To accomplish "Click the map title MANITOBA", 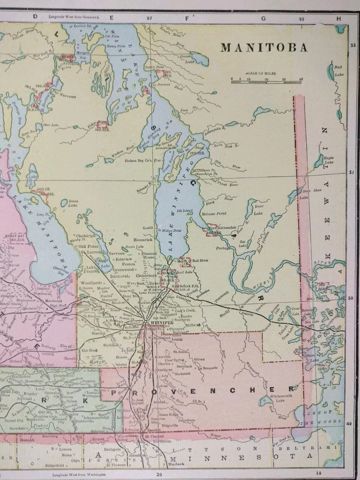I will coord(264,48).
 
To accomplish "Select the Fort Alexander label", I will coord(221,227).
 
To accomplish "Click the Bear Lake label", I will coord(258,209).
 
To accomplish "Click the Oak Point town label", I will coord(88,246).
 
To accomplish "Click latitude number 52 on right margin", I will coord(353,45).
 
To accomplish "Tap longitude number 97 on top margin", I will coord(149,17).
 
